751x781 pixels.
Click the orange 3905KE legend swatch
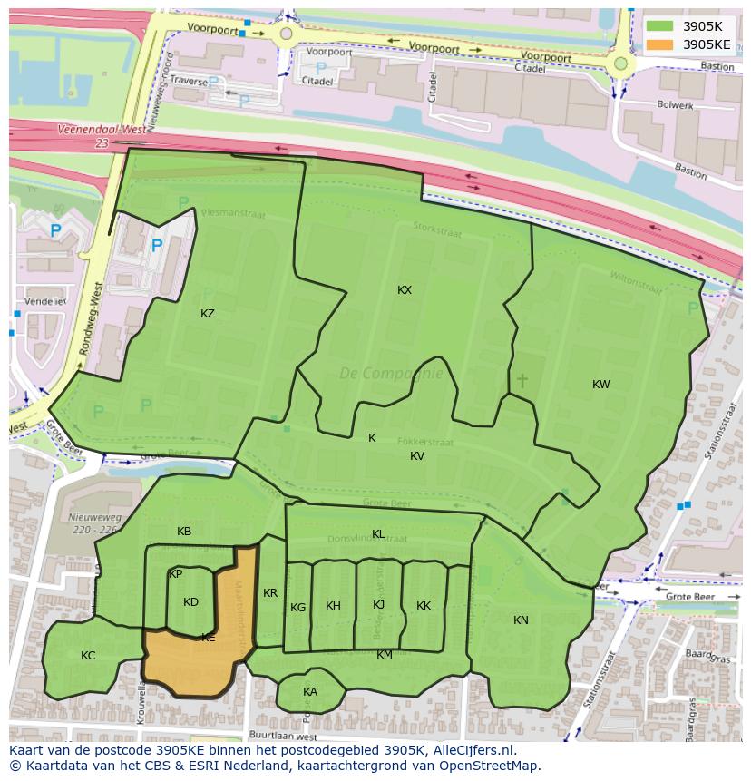pyautogui.click(x=659, y=44)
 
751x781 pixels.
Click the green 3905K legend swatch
pyautogui.click(x=659, y=26)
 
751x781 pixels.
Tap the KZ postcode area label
pyautogui.click(x=208, y=314)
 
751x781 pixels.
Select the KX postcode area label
pyautogui.click(x=405, y=290)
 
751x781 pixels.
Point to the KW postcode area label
pyautogui.click(x=600, y=385)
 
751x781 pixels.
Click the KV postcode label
pyautogui.click(x=417, y=456)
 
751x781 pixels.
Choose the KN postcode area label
pyautogui.click(x=521, y=620)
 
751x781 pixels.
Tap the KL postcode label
pyautogui.click(x=378, y=534)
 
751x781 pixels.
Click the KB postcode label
pyautogui.click(x=184, y=532)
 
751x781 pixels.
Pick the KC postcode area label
pyautogui.click(x=88, y=656)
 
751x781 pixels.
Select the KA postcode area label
pyautogui.click(x=310, y=692)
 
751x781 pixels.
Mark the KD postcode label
pyautogui.click(x=190, y=602)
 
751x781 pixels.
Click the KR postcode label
pyautogui.click(x=270, y=593)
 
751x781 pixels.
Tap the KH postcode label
pyautogui.click(x=333, y=606)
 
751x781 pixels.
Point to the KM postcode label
pyautogui.click(x=385, y=655)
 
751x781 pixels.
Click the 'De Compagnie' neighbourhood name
pyautogui.click(x=391, y=373)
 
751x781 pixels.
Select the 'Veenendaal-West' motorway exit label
pyautogui.click(x=101, y=130)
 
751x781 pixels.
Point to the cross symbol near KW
pyautogui.click(x=522, y=380)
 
